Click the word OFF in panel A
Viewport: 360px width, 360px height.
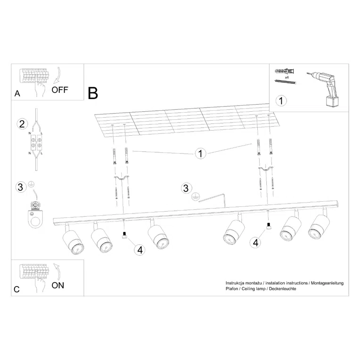60,90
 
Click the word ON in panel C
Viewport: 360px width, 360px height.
57,285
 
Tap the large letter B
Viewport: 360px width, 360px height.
93,93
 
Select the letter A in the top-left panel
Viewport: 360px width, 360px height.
17,93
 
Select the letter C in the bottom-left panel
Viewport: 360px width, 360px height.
16,289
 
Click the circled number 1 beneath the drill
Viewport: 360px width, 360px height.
281,100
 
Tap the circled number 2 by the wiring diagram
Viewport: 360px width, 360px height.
21,124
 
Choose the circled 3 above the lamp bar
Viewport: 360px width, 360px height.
187,188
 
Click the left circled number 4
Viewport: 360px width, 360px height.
139,249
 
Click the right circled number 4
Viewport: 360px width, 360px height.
255,242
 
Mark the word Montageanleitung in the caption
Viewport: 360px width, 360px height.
327,283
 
